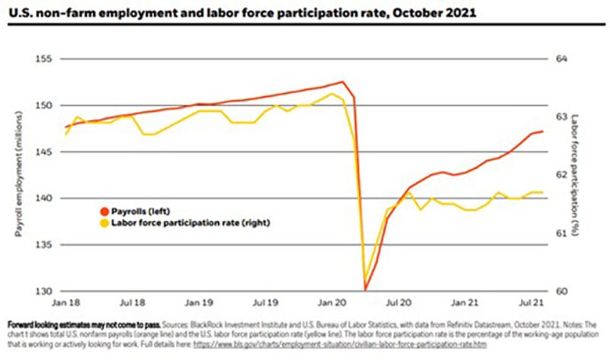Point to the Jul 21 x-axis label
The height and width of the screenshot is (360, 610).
point(534,302)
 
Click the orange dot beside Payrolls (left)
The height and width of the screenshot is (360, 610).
point(104,210)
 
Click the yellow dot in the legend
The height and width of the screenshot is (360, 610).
point(104,223)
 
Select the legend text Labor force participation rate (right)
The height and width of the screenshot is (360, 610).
point(191,223)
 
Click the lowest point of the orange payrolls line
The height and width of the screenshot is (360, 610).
point(366,290)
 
